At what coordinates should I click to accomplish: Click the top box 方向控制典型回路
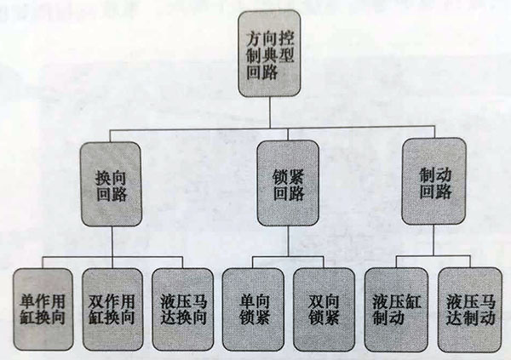coord(269,54)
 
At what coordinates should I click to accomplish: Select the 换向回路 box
coord(112,185)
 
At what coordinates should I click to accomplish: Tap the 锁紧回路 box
coord(288,184)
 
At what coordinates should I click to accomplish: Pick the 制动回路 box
coord(434,181)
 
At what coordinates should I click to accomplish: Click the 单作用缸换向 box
coord(43,309)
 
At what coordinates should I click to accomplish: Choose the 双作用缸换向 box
coord(112,309)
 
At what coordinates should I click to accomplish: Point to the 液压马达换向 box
coord(183,310)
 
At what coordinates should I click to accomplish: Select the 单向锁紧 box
coord(253,310)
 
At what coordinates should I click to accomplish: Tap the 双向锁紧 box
coord(324,310)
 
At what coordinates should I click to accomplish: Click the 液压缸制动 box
coord(396,310)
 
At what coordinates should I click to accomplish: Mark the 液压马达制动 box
coord(469,310)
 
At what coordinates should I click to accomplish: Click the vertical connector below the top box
coord(270,112)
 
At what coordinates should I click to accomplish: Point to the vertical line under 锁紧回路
coord(288,241)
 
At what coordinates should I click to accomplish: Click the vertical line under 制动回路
coord(433,240)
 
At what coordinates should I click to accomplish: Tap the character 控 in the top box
coord(286,39)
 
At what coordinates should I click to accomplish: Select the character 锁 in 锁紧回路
coord(280,177)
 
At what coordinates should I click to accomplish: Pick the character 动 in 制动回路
coord(443,175)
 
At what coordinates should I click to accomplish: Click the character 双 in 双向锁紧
coord(316,302)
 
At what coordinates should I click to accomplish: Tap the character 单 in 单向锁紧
coord(246,302)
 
